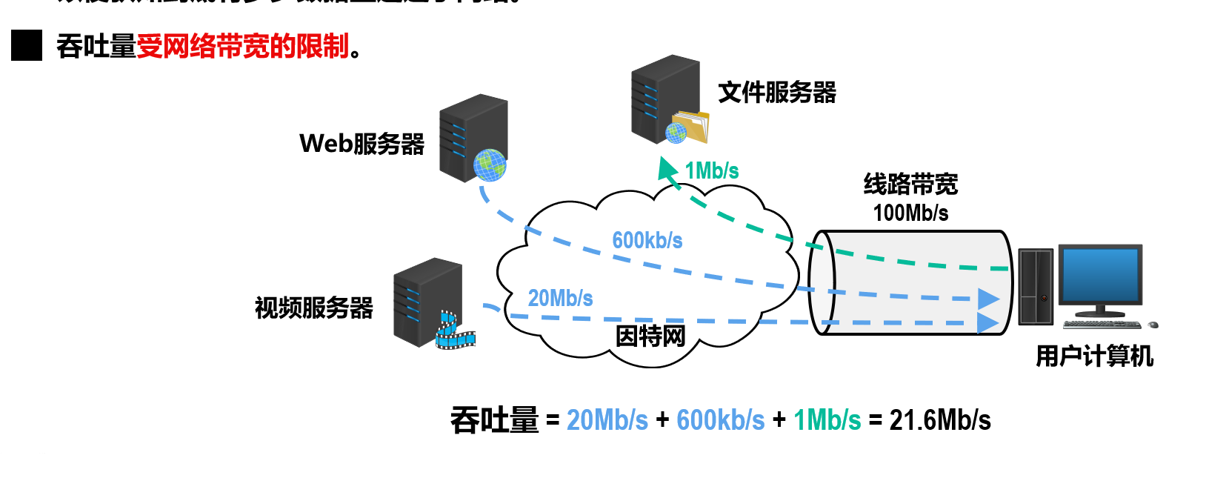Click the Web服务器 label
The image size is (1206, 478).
[x=362, y=144]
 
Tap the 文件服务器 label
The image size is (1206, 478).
[x=776, y=93]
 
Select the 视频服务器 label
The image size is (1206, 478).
[x=313, y=308]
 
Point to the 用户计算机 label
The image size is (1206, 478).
[x=1093, y=356]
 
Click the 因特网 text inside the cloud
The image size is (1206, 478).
[x=650, y=336]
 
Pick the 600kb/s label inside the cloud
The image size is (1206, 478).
[x=647, y=240]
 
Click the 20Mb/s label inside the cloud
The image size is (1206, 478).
[x=560, y=298]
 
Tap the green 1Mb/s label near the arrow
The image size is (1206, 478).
[x=711, y=171]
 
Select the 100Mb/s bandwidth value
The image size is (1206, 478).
[x=910, y=213]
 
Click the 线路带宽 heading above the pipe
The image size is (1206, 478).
[x=910, y=184]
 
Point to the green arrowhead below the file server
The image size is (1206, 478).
[x=667, y=168]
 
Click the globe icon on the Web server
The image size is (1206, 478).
[x=490, y=165]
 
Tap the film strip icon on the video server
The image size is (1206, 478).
[x=453, y=331]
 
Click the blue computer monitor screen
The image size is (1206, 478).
[x=1099, y=274]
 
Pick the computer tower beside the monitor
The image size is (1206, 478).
[x=1036, y=287]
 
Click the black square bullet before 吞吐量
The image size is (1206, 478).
[x=27, y=46]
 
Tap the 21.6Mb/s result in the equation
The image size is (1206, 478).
[x=939, y=420]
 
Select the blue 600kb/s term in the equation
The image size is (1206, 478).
[x=720, y=420]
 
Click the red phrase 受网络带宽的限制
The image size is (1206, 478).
[x=242, y=47]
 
